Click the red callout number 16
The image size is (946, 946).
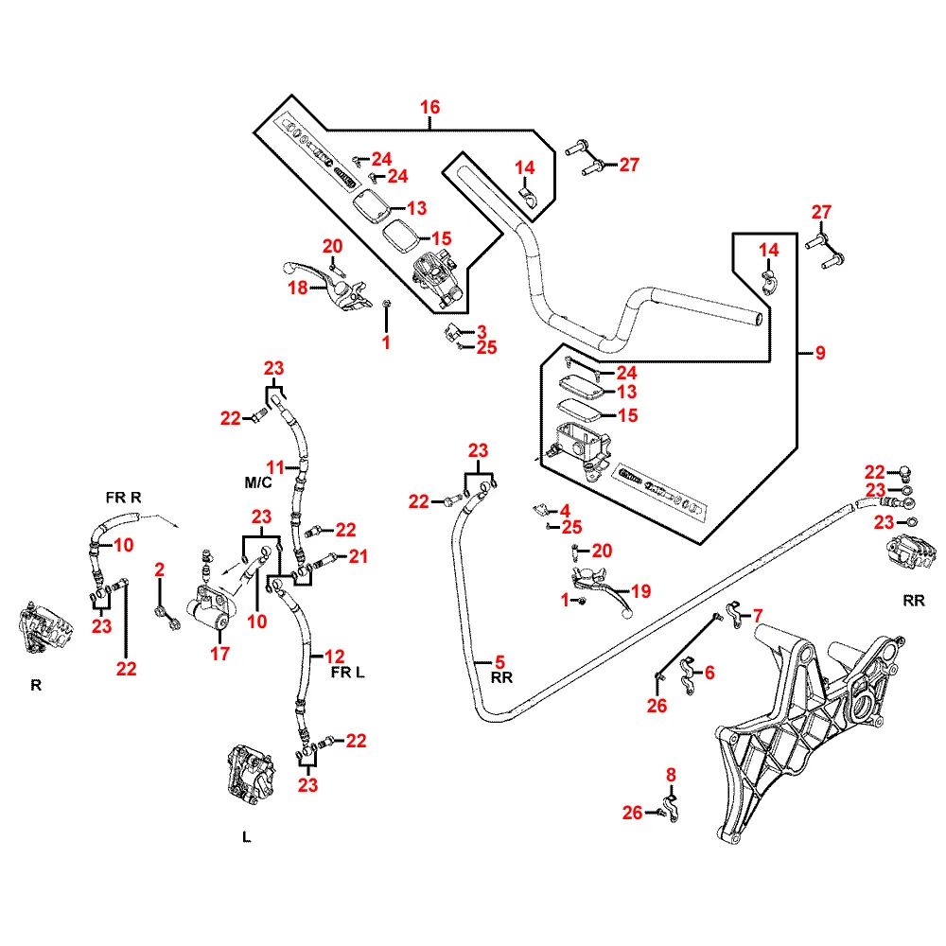(x=430, y=107)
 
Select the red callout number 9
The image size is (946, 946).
(x=820, y=353)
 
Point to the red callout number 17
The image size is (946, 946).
(x=219, y=653)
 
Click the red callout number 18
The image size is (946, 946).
(x=297, y=288)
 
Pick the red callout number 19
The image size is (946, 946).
(x=641, y=592)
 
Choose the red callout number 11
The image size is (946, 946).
(x=275, y=466)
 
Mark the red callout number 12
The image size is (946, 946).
(x=334, y=655)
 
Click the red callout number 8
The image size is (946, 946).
(x=671, y=775)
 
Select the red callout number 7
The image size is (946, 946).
(x=757, y=616)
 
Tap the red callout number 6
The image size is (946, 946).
(x=709, y=673)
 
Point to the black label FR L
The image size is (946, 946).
(x=347, y=673)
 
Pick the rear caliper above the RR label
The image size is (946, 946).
(x=913, y=554)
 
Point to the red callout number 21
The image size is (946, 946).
(x=358, y=556)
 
